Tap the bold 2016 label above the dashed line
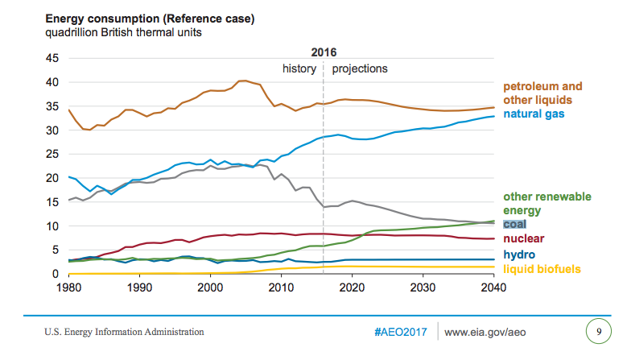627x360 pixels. click(x=323, y=52)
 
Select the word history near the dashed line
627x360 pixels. click(x=299, y=68)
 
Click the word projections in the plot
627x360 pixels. click(x=360, y=68)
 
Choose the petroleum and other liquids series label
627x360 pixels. click(x=542, y=93)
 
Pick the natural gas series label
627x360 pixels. click(x=534, y=114)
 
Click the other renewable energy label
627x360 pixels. click(x=547, y=203)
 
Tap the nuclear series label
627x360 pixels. click(x=524, y=238)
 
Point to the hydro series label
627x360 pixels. click(x=518, y=254)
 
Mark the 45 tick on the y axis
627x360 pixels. click(x=52, y=59)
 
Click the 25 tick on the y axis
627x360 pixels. click(x=52, y=155)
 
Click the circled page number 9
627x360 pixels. click(x=597, y=331)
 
